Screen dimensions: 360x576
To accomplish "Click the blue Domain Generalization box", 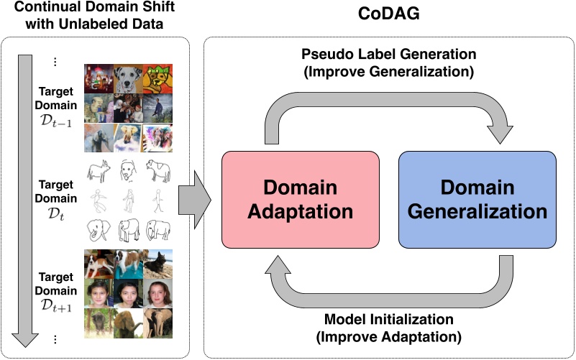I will point(477,200).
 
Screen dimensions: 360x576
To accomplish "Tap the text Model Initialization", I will point(389,318).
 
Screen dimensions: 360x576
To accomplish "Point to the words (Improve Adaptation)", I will point(389,336).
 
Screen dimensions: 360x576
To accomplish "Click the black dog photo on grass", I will point(160,263).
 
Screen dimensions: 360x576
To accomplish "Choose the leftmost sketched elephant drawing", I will point(99,231).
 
